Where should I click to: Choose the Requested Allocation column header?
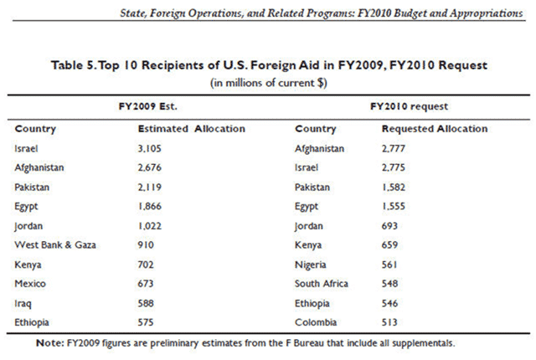coord(434,129)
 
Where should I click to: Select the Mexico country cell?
coord(31,282)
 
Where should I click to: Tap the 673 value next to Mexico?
coord(146,282)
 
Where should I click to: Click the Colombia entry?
coord(316,321)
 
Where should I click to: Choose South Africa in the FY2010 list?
coord(322,282)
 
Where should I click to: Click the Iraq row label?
coord(23,301)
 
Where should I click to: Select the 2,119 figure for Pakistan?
coord(151,187)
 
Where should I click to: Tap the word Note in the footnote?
coord(49,342)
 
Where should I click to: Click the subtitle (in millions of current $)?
coord(266,83)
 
